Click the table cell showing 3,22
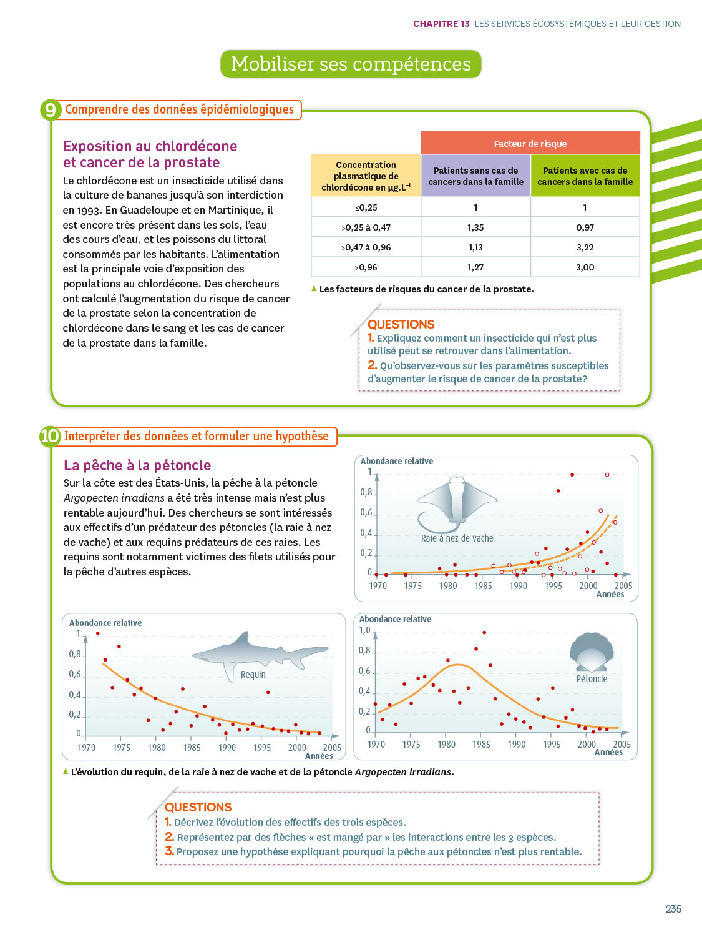585,247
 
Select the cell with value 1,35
475,227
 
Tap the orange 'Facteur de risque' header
530,143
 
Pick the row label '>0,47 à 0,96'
366,247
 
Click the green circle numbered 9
51,110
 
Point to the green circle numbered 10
50,436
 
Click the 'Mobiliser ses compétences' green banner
351,64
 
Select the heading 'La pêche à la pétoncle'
137,465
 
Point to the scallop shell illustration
592,652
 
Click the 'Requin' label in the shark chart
253,675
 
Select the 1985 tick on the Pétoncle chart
481,745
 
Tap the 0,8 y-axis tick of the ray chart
366,492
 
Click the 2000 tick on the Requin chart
297,748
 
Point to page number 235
673,909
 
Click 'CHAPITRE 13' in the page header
441,24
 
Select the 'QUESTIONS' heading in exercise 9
401,324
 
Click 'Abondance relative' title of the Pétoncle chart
395,619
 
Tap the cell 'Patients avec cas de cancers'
585,176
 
